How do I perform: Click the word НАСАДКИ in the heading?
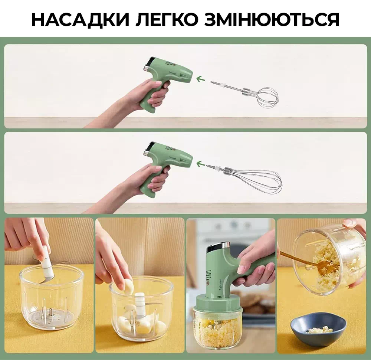81,19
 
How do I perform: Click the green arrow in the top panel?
201,79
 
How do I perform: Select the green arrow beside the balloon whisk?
201,163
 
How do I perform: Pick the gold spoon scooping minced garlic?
315,263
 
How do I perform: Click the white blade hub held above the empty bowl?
48,262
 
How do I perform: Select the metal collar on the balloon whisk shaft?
228,170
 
